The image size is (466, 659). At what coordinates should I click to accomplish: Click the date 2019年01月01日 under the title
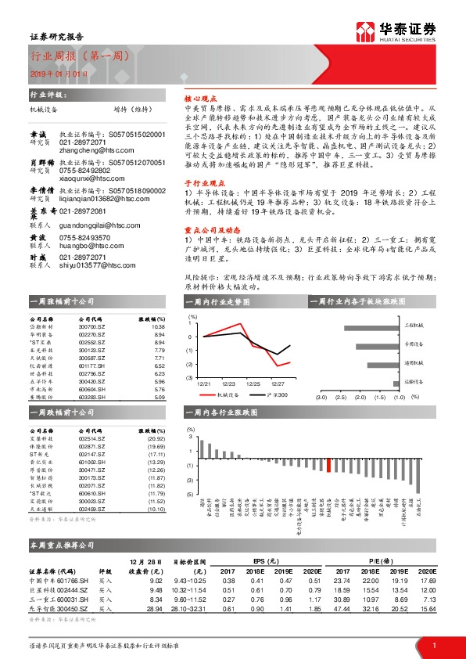(58, 73)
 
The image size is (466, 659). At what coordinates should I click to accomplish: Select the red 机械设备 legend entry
(220, 395)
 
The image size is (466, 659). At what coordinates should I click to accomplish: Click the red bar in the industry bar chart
(329, 465)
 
